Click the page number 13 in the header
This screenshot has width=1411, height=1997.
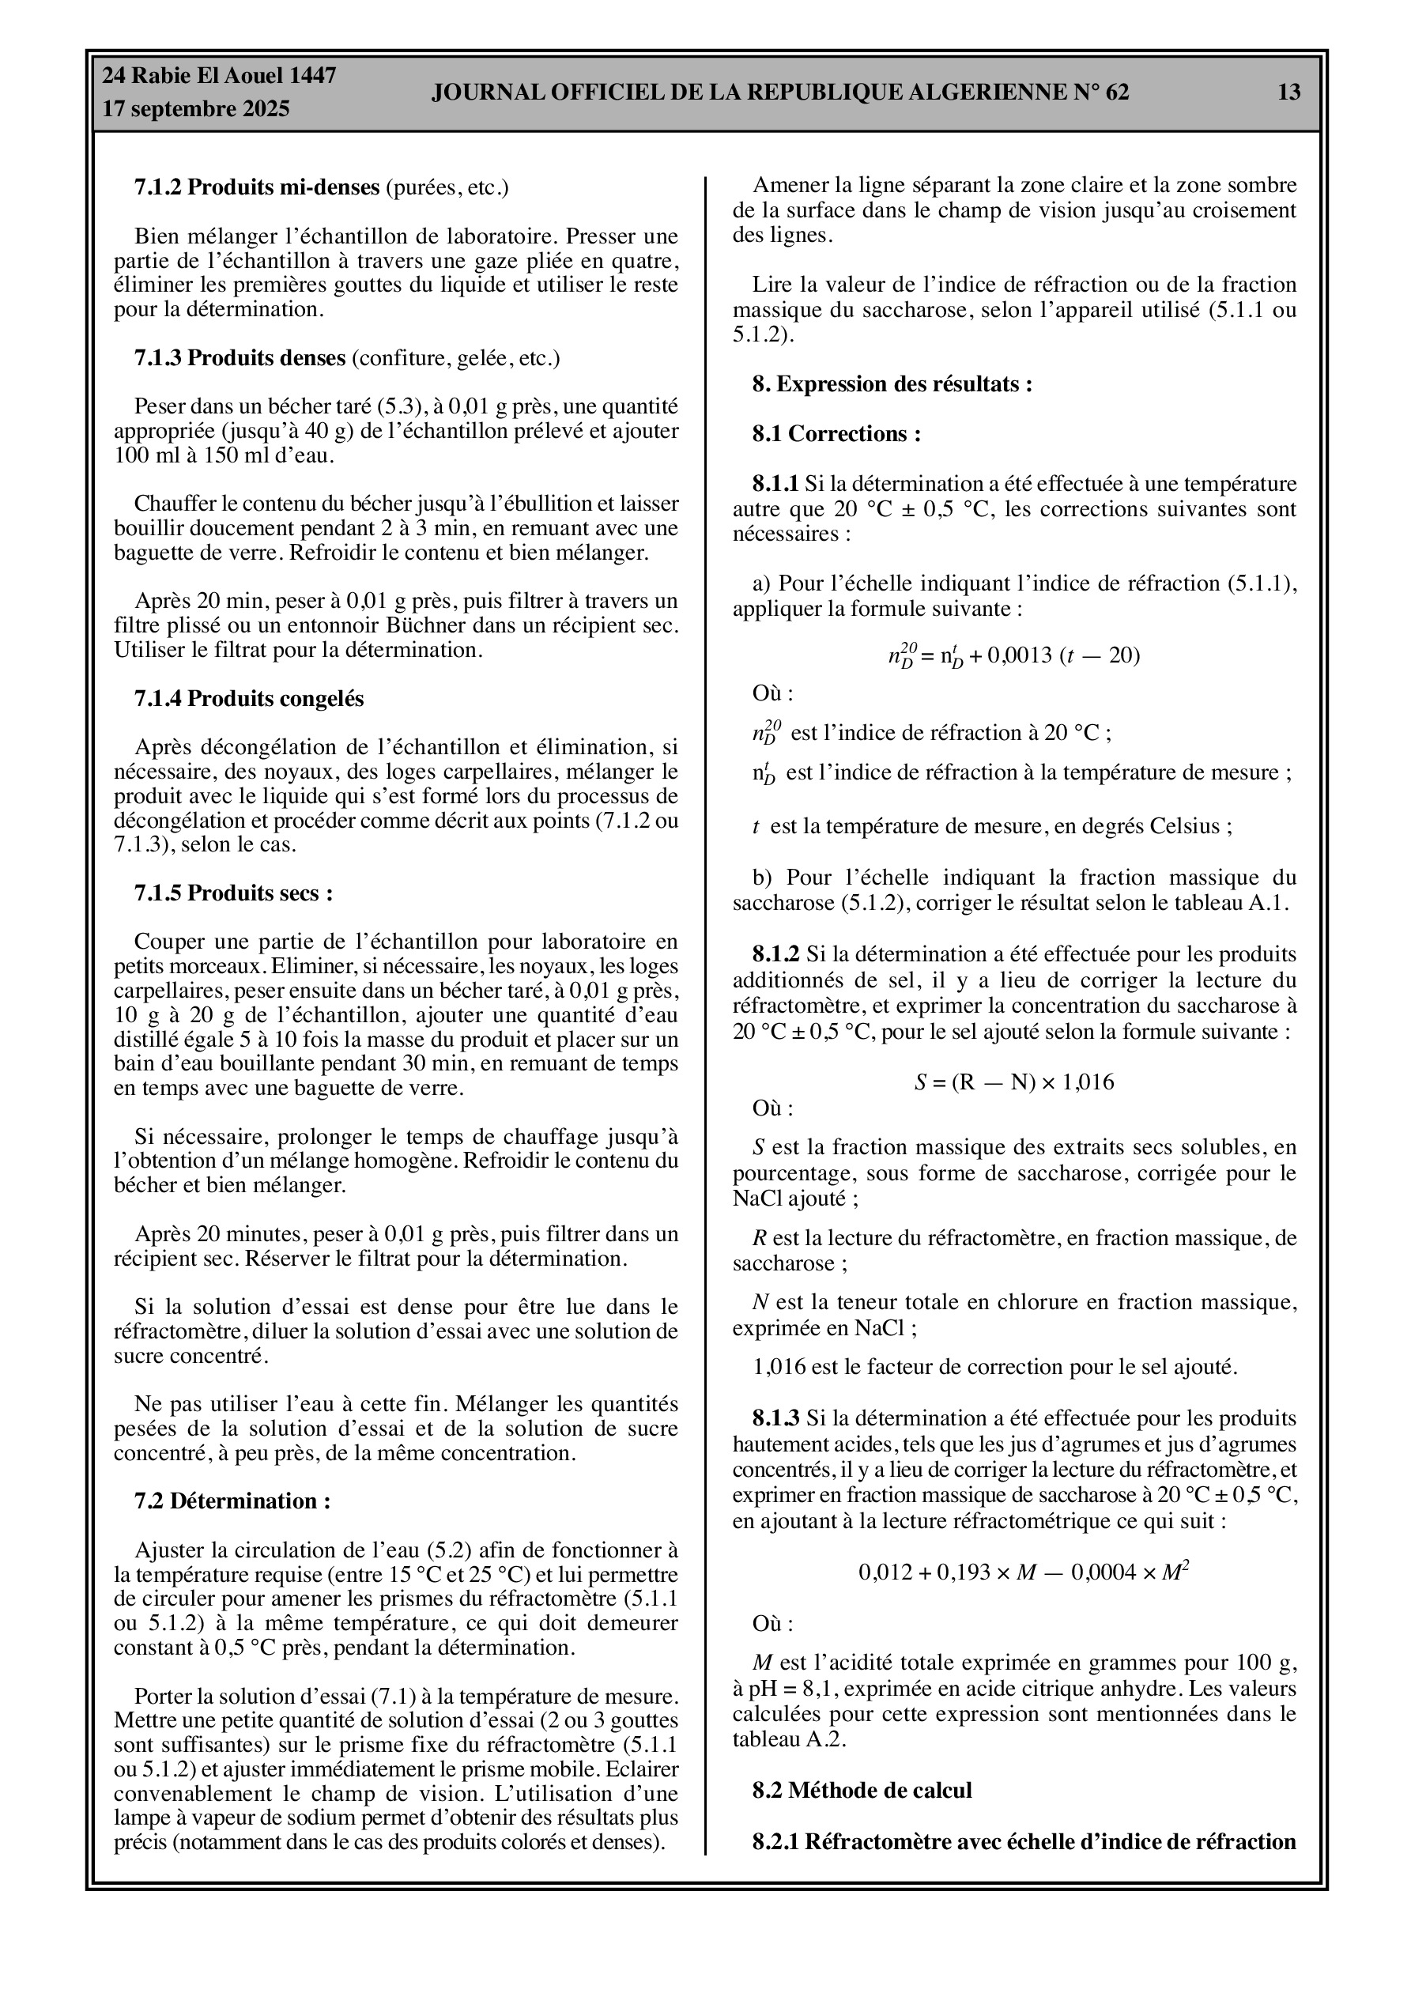[1289, 92]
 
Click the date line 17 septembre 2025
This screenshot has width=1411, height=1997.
[196, 110]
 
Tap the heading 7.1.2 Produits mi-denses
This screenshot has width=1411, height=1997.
[257, 187]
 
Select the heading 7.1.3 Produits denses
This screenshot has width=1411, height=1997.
[240, 357]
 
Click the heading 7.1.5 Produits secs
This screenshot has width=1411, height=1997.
[233, 893]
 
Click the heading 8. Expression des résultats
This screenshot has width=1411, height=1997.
[892, 384]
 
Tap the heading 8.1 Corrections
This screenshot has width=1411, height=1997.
[836, 434]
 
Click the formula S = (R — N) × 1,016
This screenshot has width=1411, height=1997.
[1013, 1083]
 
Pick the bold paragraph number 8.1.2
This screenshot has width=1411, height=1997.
[775, 955]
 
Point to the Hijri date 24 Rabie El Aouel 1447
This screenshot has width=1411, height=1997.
[219, 76]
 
